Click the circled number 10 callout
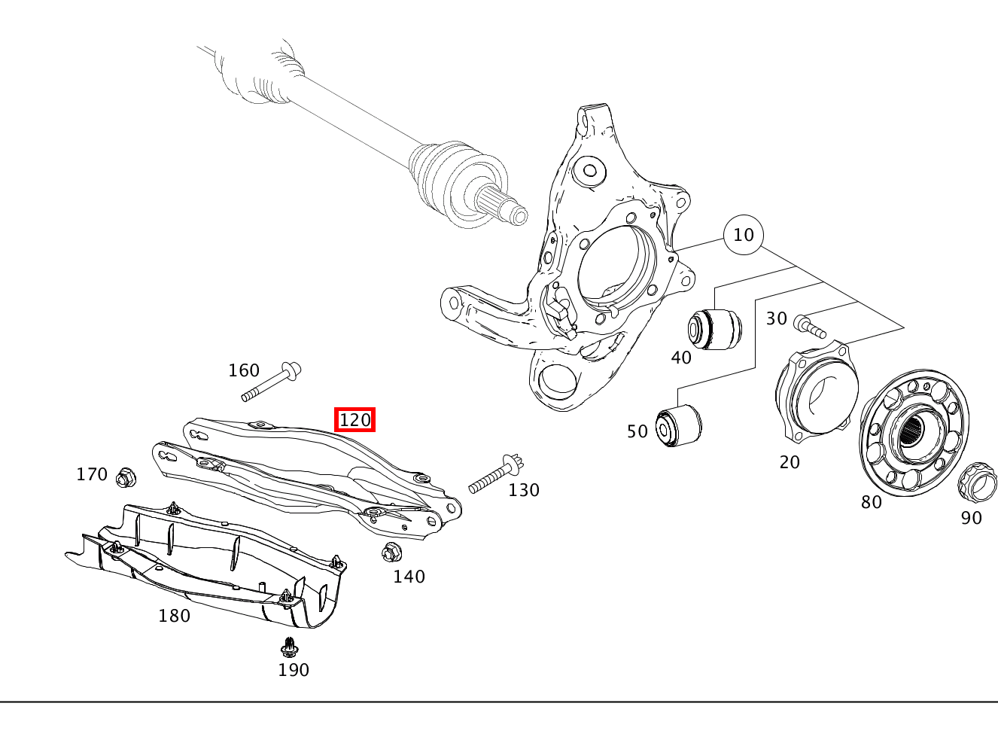(743, 235)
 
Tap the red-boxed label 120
(354, 419)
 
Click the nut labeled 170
(126, 476)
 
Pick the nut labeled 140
(391, 553)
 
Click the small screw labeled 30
(809, 327)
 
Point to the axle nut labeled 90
(977, 482)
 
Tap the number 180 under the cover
(174, 616)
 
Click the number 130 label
(524, 491)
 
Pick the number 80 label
(872, 502)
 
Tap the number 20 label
(790, 462)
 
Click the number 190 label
(294, 670)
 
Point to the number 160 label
(244, 370)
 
